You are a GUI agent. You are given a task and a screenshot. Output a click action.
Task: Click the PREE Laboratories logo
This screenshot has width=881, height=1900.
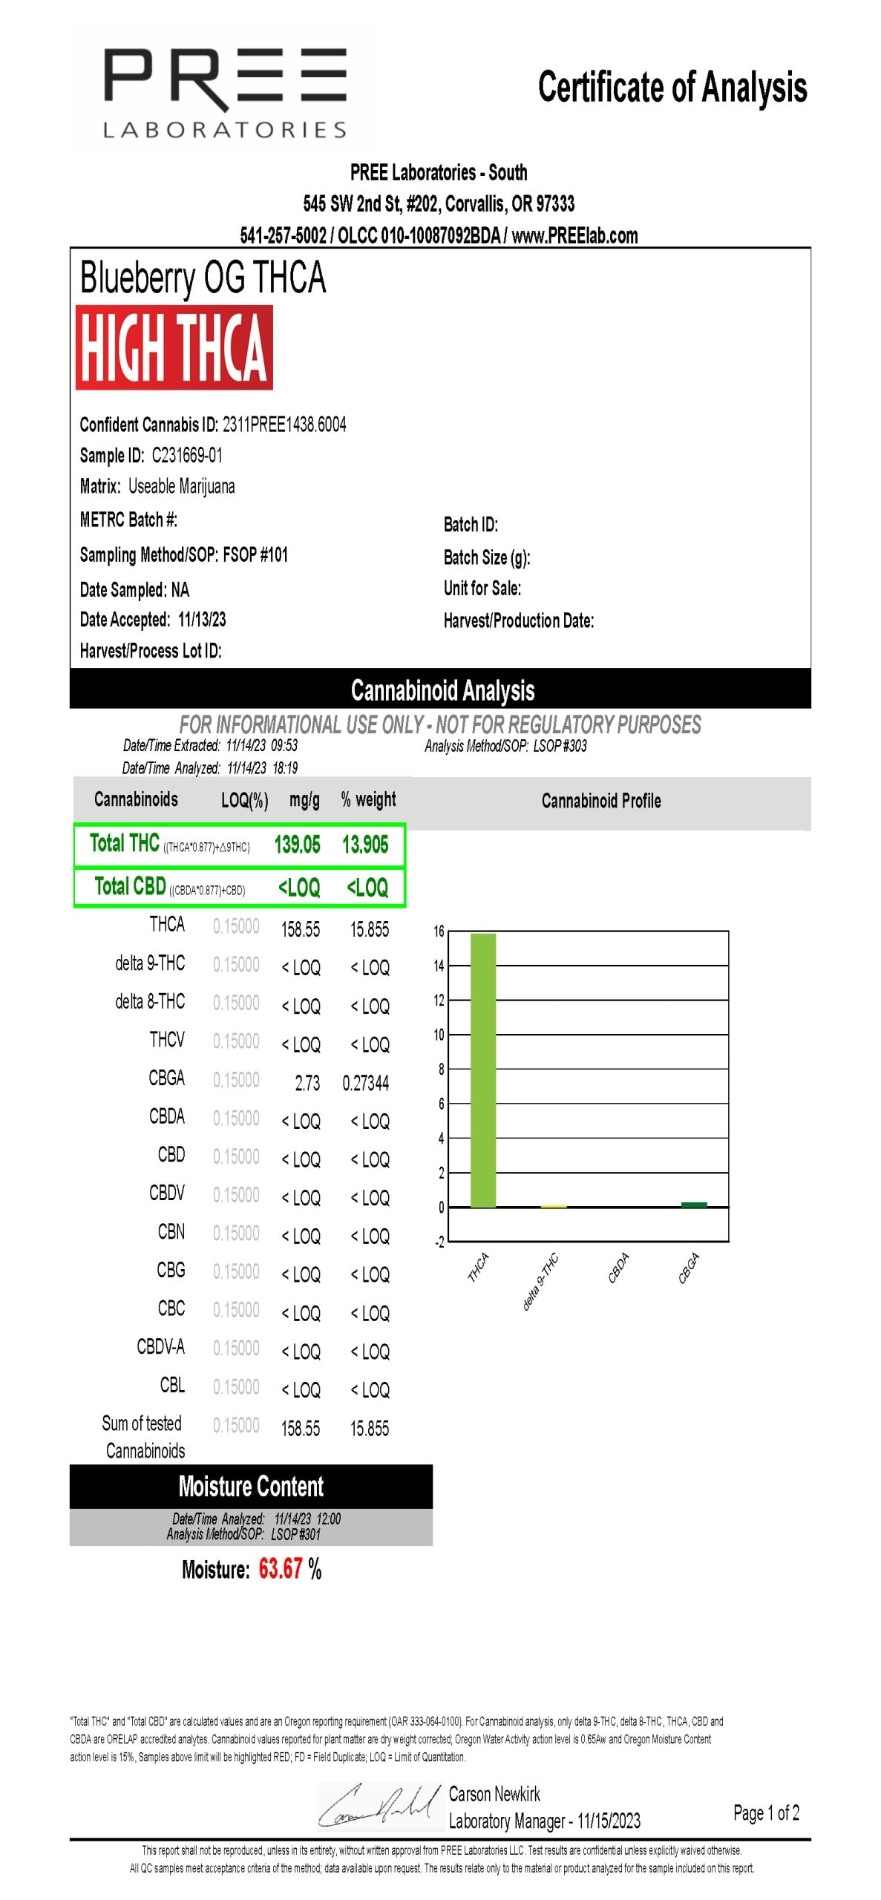click(x=225, y=92)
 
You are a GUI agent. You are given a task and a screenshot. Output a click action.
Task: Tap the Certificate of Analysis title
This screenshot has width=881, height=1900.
click(x=672, y=88)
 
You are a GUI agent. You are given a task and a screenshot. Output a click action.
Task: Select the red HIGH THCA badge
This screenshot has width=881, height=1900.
click(x=174, y=347)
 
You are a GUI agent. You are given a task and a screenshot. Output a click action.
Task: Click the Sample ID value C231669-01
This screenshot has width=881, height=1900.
click(x=187, y=455)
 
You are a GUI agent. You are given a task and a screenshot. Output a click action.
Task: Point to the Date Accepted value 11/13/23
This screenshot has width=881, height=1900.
click(x=202, y=619)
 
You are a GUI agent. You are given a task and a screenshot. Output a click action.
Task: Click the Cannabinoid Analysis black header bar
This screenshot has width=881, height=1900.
click(x=442, y=689)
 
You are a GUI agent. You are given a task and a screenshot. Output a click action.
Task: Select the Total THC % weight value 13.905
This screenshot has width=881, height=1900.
click(x=365, y=845)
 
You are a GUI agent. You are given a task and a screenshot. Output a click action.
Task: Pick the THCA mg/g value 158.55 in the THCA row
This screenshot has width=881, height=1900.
click(x=301, y=929)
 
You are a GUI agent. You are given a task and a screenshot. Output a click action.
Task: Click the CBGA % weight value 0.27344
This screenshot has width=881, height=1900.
click(x=366, y=1083)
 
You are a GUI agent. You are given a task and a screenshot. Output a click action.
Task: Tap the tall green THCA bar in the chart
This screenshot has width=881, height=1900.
click(x=483, y=1069)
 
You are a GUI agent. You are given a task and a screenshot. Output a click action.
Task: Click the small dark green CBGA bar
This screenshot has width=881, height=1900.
click(x=694, y=1204)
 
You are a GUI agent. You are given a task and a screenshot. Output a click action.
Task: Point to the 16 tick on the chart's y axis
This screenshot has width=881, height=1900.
click(x=439, y=931)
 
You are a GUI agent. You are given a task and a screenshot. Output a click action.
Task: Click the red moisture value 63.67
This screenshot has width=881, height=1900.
click(x=280, y=1569)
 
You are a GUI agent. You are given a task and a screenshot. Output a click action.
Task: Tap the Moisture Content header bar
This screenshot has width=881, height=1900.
click(x=251, y=1486)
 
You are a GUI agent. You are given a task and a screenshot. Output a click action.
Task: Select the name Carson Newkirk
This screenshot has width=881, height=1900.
click(x=494, y=1794)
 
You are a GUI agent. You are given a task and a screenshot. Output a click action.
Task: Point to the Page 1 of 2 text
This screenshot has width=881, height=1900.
click(x=766, y=1813)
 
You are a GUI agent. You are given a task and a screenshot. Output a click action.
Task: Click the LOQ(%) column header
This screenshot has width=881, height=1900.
click(x=244, y=800)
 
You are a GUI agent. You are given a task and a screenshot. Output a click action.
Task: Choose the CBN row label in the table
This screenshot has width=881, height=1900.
click(x=171, y=1231)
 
